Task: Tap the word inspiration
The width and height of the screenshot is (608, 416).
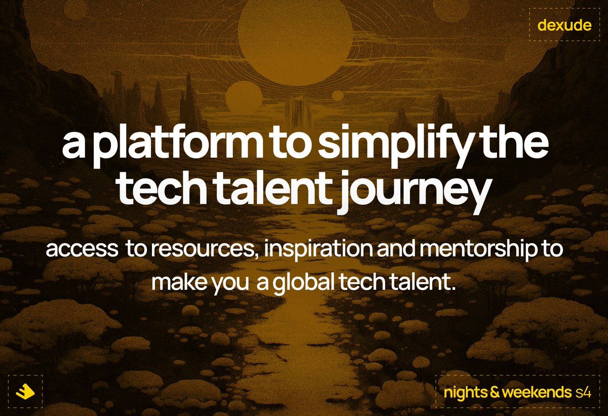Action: [x=310, y=251]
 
